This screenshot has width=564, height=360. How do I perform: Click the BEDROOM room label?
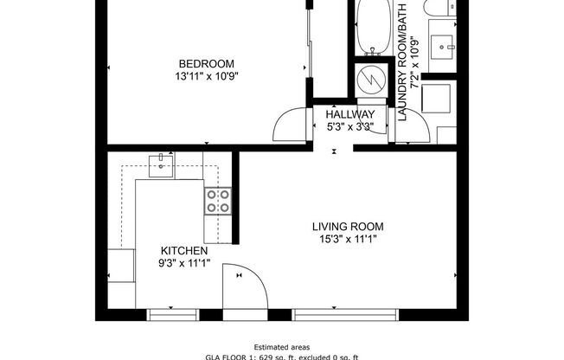207,63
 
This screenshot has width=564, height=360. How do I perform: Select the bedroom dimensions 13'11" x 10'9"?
207,76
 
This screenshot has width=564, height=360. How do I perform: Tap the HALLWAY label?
350,114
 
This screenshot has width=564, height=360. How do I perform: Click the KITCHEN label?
183,251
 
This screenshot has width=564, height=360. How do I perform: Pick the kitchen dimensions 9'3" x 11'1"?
183,264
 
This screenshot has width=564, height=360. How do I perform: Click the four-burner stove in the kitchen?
218,202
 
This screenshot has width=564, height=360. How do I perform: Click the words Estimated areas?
282,346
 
